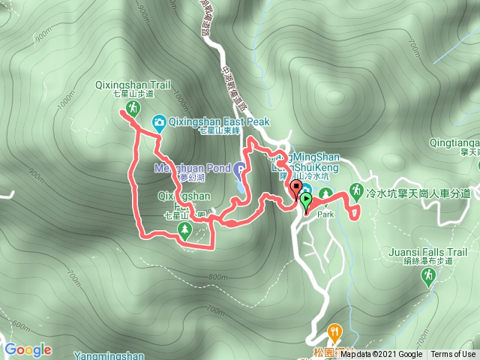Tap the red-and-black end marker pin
[295, 188]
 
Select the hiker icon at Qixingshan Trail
[132, 109]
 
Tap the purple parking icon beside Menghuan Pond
[239, 167]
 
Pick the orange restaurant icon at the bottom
[334, 330]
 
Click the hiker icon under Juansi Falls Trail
[427, 278]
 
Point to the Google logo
[28, 349]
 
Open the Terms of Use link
[453, 355]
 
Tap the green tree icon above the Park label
[326, 194]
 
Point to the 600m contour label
[21, 326]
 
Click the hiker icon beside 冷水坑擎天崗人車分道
[357, 191]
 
